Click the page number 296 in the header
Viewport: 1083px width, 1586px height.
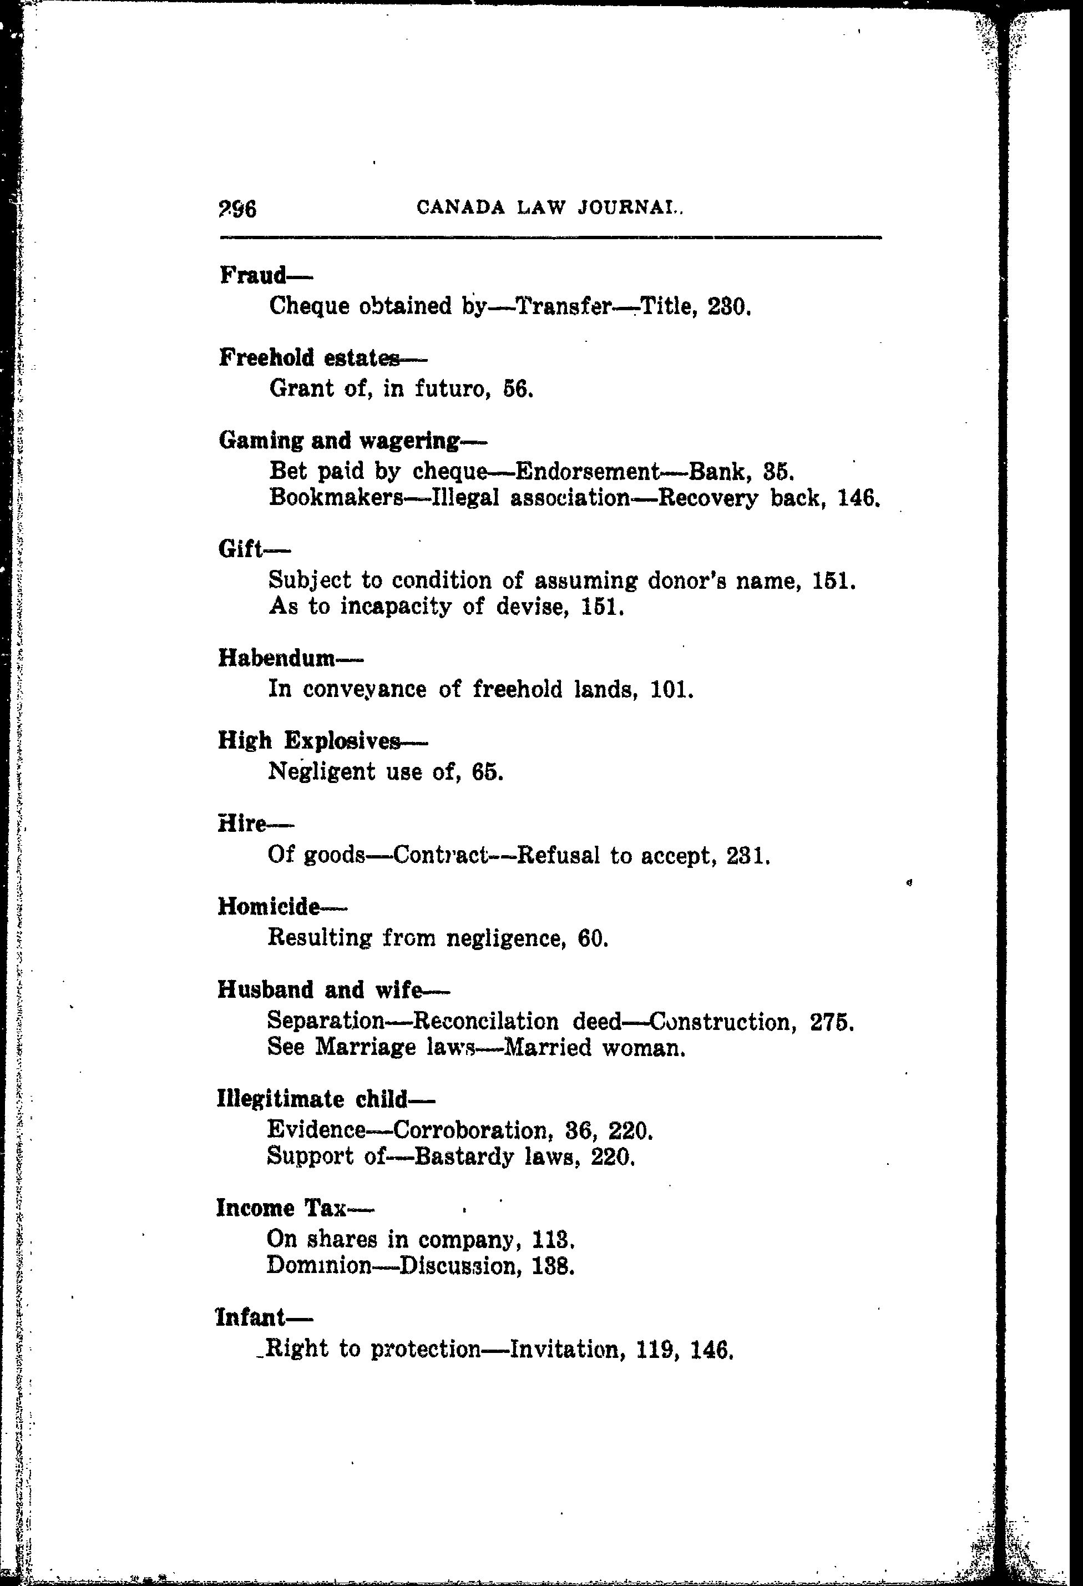[237, 208]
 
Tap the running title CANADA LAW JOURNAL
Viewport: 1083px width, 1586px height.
[549, 207]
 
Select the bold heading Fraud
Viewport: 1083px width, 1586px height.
[253, 275]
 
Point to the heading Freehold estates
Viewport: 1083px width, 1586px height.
[309, 357]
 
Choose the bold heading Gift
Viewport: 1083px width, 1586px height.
[240, 548]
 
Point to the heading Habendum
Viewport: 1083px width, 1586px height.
[277, 658]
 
